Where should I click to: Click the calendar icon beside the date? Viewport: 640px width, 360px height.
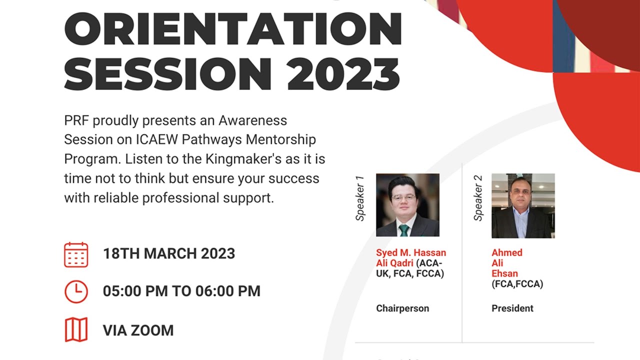[x=76, y=254]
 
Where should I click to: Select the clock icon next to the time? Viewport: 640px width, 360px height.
[x=76, y=291]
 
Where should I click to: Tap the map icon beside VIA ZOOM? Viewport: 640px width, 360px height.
[x=76, y=330]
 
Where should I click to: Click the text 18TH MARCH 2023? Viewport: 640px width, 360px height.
[x=169, y=253]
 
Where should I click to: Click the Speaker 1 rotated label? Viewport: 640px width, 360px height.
[x=360, y=198]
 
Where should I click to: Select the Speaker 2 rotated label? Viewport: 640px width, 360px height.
[x=478, y=198]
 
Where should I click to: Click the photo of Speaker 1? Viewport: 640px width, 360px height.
[x=407, y=205]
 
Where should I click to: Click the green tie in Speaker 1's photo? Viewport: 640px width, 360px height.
[x=403, y=230]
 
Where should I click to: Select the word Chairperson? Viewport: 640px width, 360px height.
[x=402, y=308]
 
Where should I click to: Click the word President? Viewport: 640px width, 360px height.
[x=512, y=308]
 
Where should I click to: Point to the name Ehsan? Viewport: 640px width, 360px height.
[x=504, y=274]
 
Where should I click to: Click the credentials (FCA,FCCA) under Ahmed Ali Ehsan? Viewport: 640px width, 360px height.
[x=517, y=284]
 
